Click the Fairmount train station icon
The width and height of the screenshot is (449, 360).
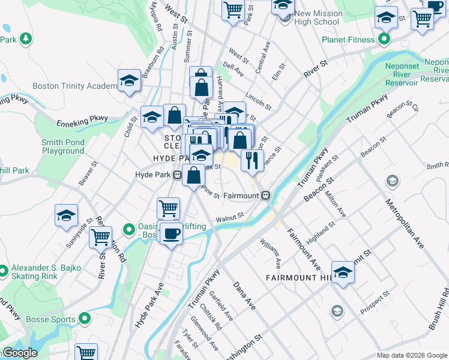coord(265,196)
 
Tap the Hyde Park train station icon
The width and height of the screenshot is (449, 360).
coord(178,175)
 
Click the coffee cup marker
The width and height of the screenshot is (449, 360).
coord(172,233)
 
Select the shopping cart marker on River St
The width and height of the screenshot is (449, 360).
coord(100,238)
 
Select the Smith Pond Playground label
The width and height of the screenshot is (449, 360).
coord(63,146)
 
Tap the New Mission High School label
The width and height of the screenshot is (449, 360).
coord(318,17)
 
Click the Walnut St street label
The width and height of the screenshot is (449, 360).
coord(230,217)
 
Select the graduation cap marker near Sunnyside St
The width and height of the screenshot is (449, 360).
coord(66,217)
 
